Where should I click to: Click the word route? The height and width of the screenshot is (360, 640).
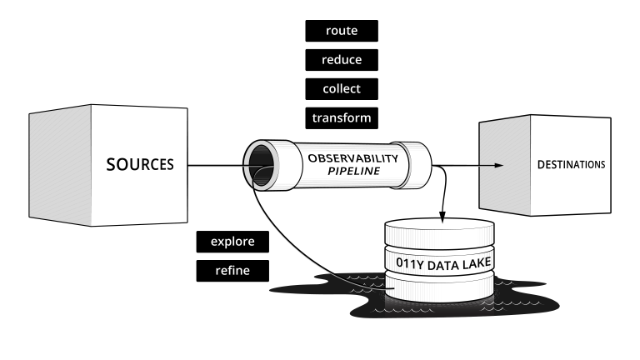pos(341,31)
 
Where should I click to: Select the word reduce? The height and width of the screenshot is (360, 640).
pos(341,60)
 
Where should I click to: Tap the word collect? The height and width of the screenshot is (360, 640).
pos(341,88)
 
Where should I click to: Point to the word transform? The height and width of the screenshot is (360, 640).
pos(341,117)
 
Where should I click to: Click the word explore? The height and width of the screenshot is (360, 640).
pos(232,242)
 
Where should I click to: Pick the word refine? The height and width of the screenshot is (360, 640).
pos(232,270)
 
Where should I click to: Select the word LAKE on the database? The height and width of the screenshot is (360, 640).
pos(476,262)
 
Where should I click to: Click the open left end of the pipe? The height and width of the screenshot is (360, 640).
pos(259,162)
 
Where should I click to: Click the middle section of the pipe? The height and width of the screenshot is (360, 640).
pos(342,165)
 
